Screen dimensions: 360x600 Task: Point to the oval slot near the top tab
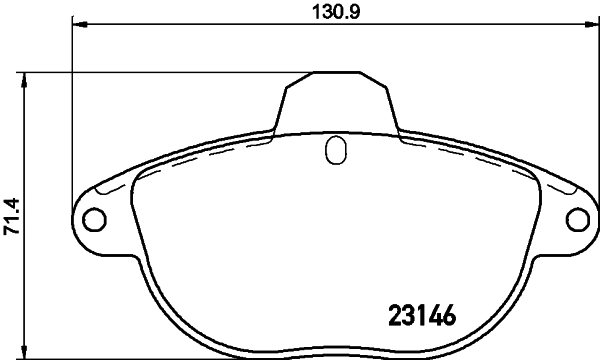pyautogui.click(x=336, y=151)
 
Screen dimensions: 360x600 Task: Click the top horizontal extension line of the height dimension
pyautogui.click(x=170, y=71)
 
